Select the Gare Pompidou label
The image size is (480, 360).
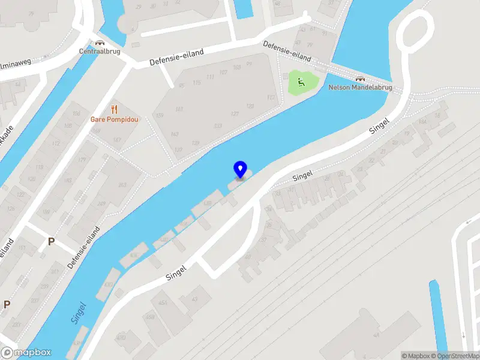coord(114,119)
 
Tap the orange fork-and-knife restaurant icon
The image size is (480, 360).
coord(114,109)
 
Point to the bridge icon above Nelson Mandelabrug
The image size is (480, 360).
coord(360,79)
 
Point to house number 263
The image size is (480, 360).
coord(122,185)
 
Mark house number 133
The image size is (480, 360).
coord(218,125)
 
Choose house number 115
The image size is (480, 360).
coord(197,82)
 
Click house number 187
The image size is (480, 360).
coord(117,140)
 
